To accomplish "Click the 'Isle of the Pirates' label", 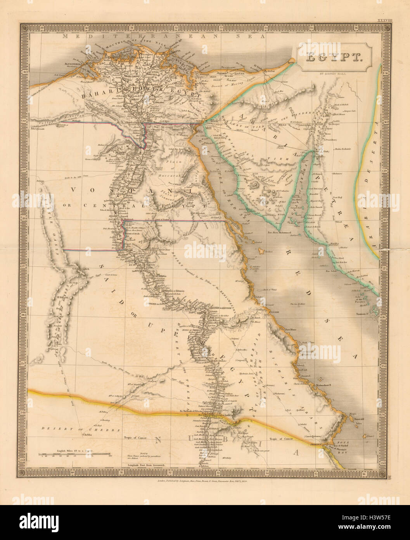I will pyautogui.click(x=363, y=299).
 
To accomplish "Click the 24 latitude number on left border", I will pyautogui.click(x=23, y=413).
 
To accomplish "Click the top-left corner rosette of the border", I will pyautogui.click(x=24, y=28).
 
